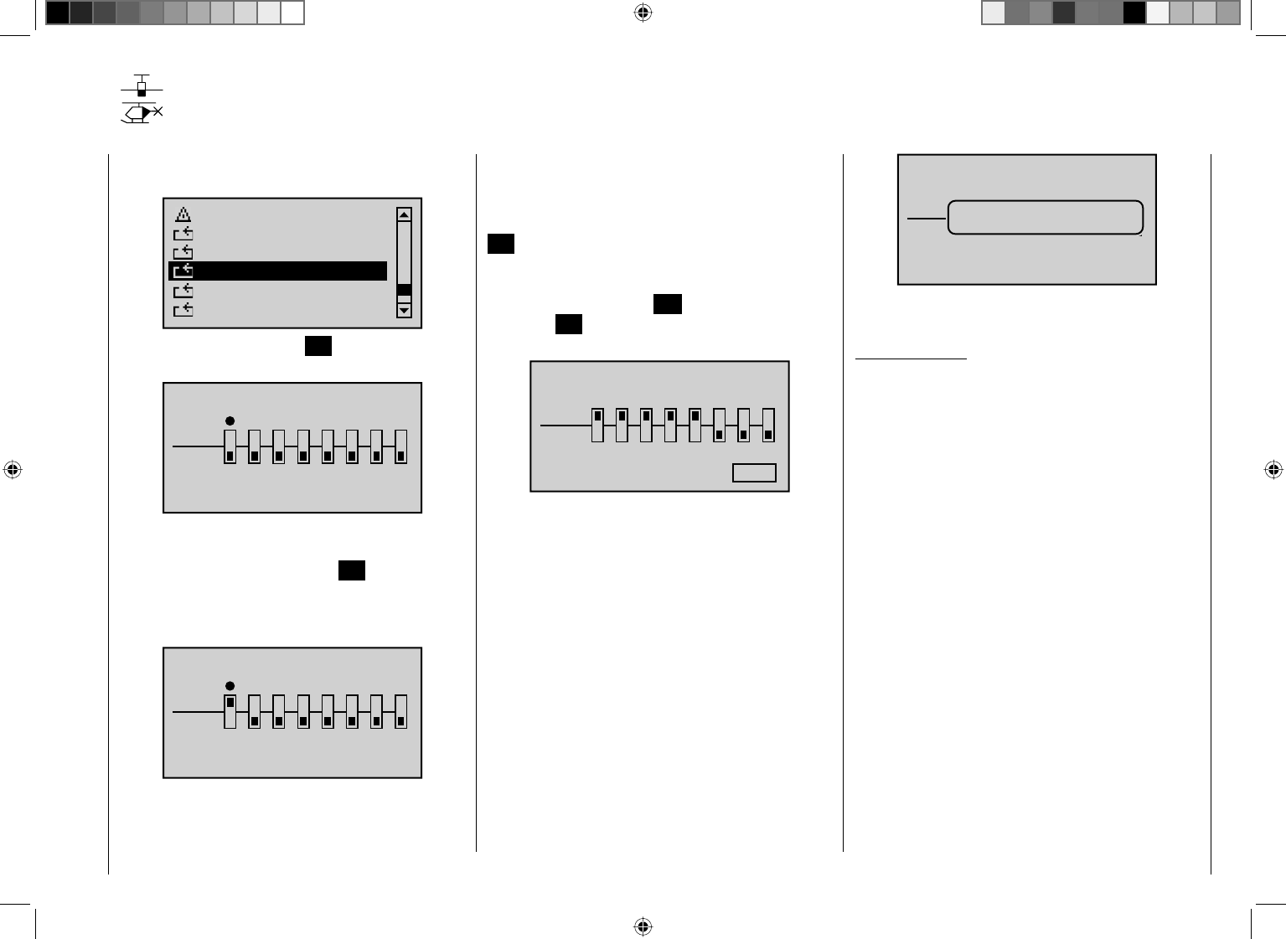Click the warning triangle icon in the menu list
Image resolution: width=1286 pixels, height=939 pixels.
(183, 214)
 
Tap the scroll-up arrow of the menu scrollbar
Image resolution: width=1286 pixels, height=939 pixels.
(404, 215)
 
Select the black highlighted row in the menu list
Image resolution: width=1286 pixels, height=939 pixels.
(277, 271)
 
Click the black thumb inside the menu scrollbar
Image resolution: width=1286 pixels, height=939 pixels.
(404, 290)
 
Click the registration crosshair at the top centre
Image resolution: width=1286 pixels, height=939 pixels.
(643, 13)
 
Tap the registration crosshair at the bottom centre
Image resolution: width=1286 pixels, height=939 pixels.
(643, 926)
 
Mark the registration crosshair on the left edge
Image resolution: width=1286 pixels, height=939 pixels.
(12, 470)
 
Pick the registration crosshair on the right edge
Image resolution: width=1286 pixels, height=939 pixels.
(1273, 470)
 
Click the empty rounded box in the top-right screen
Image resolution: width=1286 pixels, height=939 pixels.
(1046, 218)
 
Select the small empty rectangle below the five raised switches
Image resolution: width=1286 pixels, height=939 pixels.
(754, 472)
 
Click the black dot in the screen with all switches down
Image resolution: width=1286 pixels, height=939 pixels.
(230, 421)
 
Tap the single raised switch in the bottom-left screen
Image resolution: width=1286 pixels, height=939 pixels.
(230, 711)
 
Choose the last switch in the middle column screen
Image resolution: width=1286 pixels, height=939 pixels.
(768, 425)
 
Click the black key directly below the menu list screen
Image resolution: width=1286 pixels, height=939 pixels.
(318, 346)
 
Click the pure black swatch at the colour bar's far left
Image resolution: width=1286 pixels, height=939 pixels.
(58, 13)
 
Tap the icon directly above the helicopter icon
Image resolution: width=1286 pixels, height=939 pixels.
(142, 85)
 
